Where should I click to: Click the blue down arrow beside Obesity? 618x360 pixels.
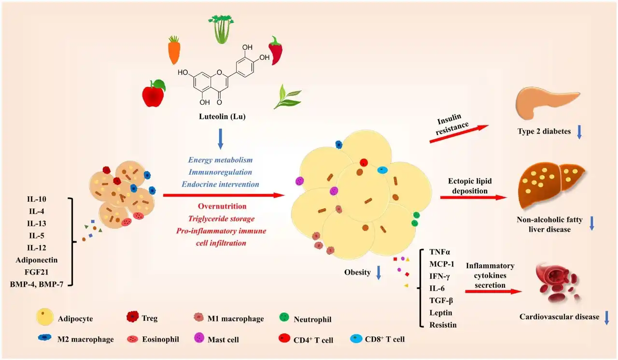tap(379, 273)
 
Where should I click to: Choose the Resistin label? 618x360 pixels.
tap(443, 325)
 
